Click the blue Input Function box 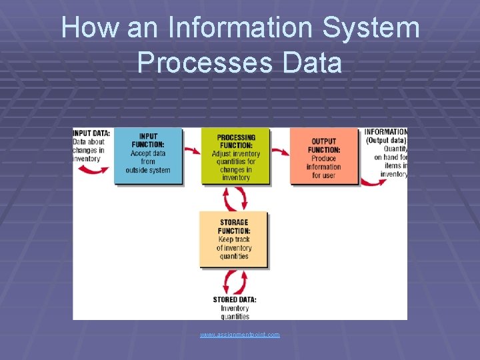pyautogui.click(x=147, y=157)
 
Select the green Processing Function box pyautogui.click(x=235, y=157)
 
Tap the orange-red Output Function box pyautogui.click(x=323, y=157)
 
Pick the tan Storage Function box pyautogui.click(x=233, y=239)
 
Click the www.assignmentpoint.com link pyautogui.click(x=240, y=334)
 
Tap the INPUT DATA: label pyautogui.click(x=91, y=133)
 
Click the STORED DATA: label pyautogui.click(x=235, y=299)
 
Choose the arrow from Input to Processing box pyautogui.click(x=192, y=151)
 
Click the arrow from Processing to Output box pyautogui.click(x=280, y=151)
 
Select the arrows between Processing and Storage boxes pyautogui.click(x=235, y=198)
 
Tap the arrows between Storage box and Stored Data pyautogui.click(x=235, y=281)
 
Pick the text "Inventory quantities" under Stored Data pyautogui.click(x=235, y=312)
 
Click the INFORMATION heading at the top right pyautogui.click(x=386, y=132)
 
